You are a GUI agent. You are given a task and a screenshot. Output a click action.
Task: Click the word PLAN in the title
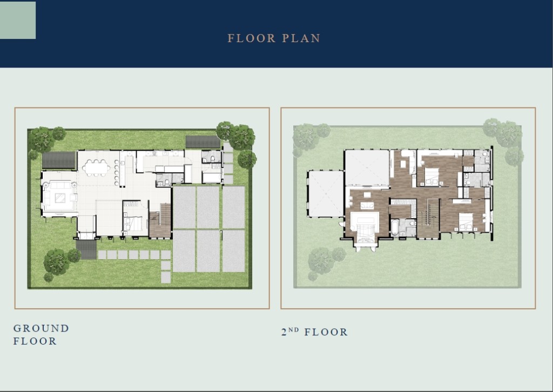[301, 38]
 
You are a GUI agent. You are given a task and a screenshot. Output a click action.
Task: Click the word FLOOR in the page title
[252, 38]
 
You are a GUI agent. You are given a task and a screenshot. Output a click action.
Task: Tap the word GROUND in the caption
[41, 328]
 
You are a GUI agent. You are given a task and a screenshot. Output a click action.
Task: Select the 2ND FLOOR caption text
[314, 332]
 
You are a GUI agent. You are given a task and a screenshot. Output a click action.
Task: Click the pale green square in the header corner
[18, 20]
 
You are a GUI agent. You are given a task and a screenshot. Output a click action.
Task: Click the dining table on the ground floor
[96, 167]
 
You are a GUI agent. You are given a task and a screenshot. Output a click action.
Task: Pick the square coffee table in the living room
[60, 198]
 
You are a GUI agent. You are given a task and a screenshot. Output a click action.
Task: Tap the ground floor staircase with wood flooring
[160, 220]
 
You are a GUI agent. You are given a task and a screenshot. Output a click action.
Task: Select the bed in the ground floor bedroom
[134, 224]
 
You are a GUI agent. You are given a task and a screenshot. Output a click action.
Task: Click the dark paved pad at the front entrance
[86, 249]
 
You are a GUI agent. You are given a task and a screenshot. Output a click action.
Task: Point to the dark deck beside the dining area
[59, 160]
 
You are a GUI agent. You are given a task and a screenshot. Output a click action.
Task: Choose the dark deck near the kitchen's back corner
[203, 142]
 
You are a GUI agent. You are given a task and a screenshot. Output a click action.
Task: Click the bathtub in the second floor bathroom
[395, 228]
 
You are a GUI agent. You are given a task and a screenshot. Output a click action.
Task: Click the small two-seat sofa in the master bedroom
[367, 205]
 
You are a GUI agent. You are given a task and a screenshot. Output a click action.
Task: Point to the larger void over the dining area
[367, 168]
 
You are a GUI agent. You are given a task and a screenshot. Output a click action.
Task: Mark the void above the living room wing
[326, 193]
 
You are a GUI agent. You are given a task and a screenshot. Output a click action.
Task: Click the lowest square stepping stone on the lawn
[166, 278]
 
